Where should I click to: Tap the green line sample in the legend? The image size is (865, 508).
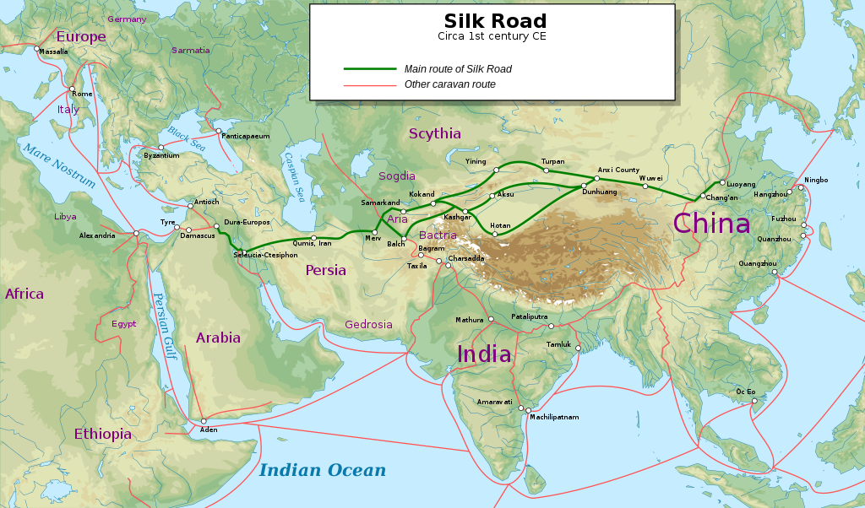point(369,69)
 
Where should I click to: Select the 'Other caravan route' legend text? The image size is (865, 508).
point(449,84)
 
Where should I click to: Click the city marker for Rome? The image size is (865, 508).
point(73,89)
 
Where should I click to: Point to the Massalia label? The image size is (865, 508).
point(53,51)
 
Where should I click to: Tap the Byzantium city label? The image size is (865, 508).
point(161,156)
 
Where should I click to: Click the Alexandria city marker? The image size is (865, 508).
point(136,233)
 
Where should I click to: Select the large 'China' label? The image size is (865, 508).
point(711,223)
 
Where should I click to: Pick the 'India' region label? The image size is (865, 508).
point(484,354)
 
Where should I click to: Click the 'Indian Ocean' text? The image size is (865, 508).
point(322,471)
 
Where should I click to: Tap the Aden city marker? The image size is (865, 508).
point(204,421)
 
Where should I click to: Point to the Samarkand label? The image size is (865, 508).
point(380,203)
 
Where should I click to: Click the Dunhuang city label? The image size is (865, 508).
point(600,192)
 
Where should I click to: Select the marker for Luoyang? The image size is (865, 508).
point(721,182)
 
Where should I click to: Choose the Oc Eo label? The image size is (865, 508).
point(746,392)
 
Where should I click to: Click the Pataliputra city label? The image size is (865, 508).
point(530,316)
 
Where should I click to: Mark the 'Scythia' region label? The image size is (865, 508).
point(435,133)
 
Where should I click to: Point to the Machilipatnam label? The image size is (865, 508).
point(555,417)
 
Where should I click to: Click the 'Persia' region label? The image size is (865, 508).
point(325,270)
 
